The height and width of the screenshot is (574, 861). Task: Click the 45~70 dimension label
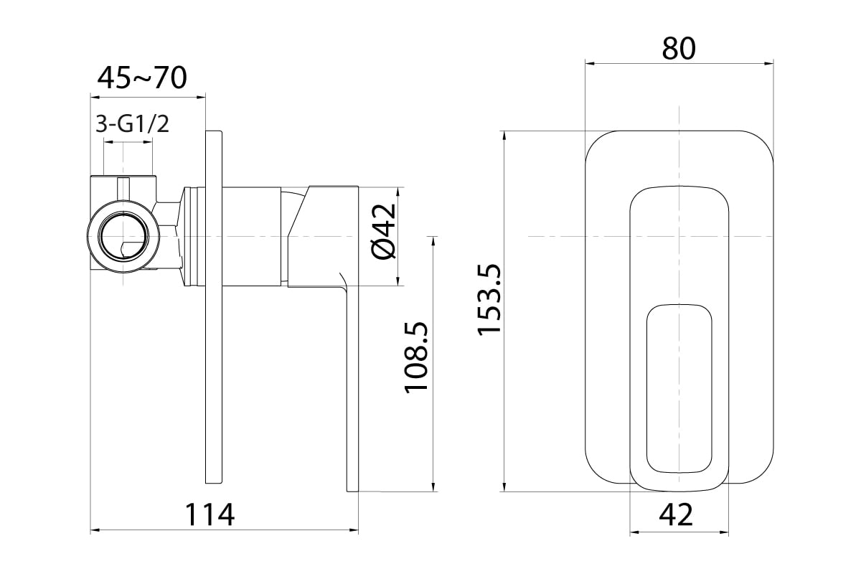coord(142,78)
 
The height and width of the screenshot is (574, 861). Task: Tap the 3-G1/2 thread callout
coord(132,124)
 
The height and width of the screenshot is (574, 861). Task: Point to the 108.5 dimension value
coord(416,357)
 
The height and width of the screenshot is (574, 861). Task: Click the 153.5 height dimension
coord(489,299)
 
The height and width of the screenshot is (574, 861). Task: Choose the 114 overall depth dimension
coord(210,514)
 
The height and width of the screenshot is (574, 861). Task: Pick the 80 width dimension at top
coord(679,49)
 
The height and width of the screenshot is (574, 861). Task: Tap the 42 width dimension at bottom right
coord(676,514)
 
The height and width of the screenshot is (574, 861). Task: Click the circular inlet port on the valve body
coord(123,237)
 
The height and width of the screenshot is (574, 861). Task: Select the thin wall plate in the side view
coord(214,307)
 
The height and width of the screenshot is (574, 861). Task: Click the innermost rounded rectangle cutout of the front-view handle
coord(679,389)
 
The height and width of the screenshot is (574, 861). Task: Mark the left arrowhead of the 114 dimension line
coord(95,530)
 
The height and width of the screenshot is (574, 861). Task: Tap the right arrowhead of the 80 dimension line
coord(768,64)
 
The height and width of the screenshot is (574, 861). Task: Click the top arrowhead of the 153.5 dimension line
coord(504,136)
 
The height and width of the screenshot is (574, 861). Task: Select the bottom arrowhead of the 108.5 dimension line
coord(433,486)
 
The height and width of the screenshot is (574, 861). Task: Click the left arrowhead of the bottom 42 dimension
coord(634,532)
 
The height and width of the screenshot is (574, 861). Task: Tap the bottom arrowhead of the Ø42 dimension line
coord(398,281)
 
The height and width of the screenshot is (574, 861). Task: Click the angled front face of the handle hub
coord(298,212)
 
